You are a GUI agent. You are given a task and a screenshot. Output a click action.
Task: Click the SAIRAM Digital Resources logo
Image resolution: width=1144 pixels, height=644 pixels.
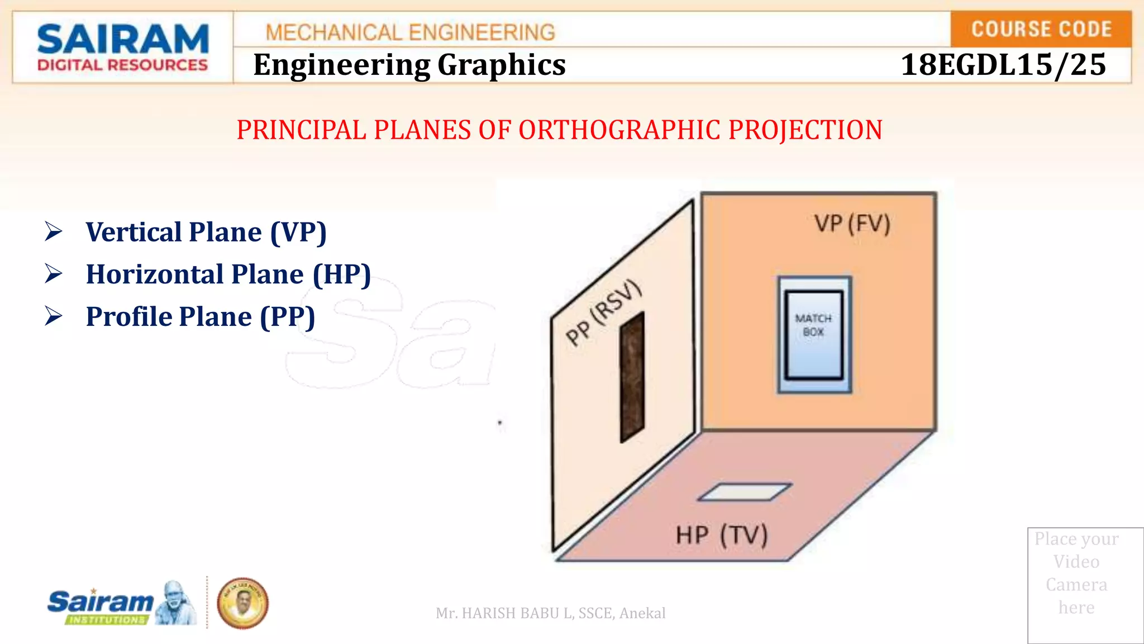click(x=122, y=48)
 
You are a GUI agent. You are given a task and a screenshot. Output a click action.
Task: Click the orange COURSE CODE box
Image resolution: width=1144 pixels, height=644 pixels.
click(x=1041, y=29)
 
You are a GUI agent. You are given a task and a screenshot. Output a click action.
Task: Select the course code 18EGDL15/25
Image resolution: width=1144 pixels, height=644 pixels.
click(x=1003, y=65)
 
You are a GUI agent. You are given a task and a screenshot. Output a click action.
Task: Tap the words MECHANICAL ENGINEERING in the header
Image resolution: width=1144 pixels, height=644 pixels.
click(x=410, y=32)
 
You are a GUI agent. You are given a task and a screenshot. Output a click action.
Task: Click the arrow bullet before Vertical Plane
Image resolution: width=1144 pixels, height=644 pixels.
click(x=54, y=231)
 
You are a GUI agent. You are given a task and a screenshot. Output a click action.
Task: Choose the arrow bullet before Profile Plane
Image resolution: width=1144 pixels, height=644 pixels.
click(x=54, y=316)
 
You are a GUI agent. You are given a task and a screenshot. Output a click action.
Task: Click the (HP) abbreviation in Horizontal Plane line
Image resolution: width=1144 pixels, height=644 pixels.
click(x=341, y=274)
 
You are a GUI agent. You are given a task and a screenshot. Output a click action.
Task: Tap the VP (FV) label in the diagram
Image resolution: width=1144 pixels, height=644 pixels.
click(x=852, y=224)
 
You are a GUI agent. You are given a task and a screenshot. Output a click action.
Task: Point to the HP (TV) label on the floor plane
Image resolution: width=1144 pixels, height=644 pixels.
click(x=721, y=535)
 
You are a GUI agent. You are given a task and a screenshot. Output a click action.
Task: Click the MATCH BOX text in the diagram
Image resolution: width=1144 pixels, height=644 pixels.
click(x=813, y=325)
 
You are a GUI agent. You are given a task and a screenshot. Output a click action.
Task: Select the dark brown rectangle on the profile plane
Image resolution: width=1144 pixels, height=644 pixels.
click(x=632, y=378)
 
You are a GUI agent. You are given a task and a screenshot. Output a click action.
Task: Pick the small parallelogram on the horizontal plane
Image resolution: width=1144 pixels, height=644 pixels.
click(x=745, y=492)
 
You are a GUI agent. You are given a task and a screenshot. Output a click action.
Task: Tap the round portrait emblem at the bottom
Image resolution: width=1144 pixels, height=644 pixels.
click(x=242, y=604)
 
